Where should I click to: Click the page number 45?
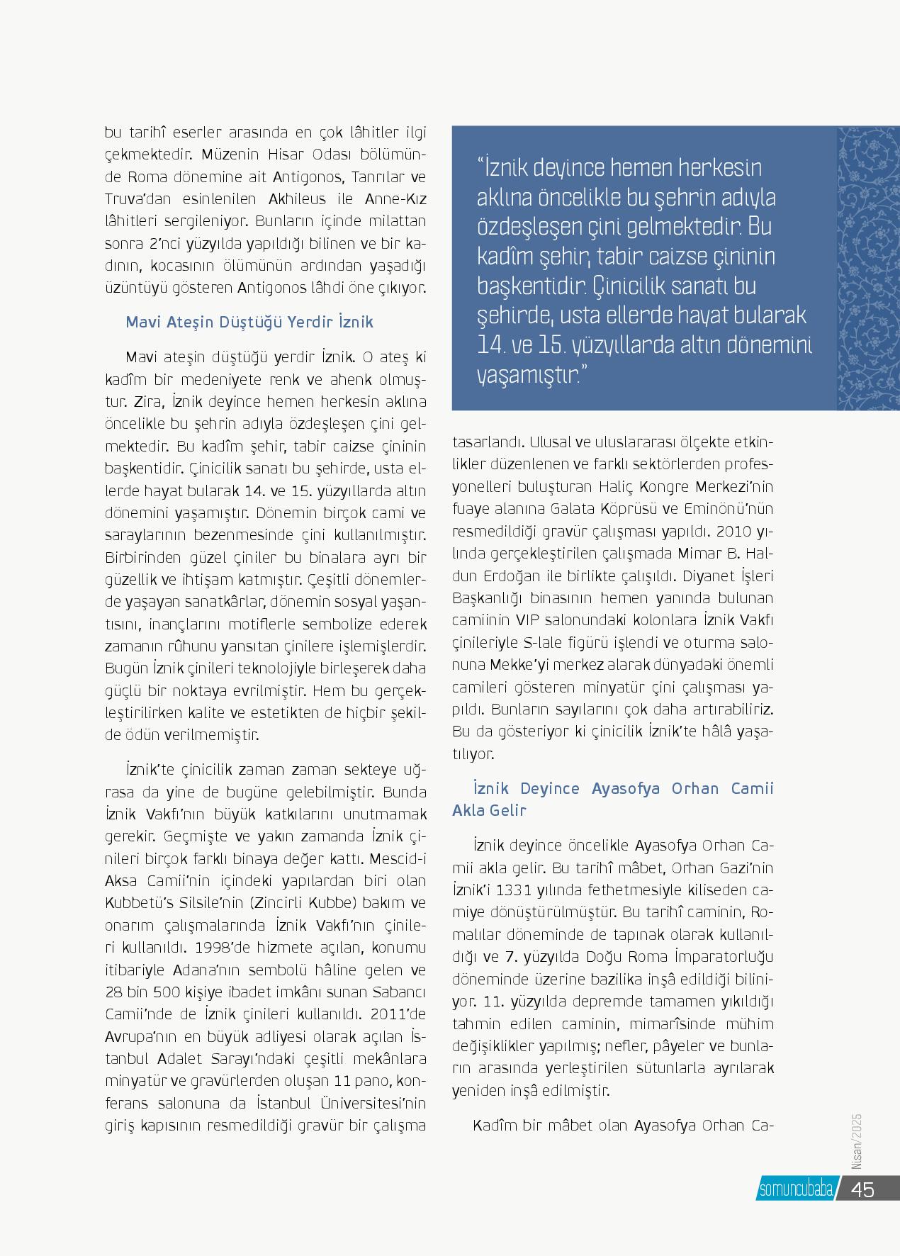[x=862, y=1189]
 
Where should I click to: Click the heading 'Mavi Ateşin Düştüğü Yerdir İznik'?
[x=249, y=323]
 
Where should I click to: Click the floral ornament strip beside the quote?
[x=868, y=269]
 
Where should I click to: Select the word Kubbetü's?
[x=142, y=904]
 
